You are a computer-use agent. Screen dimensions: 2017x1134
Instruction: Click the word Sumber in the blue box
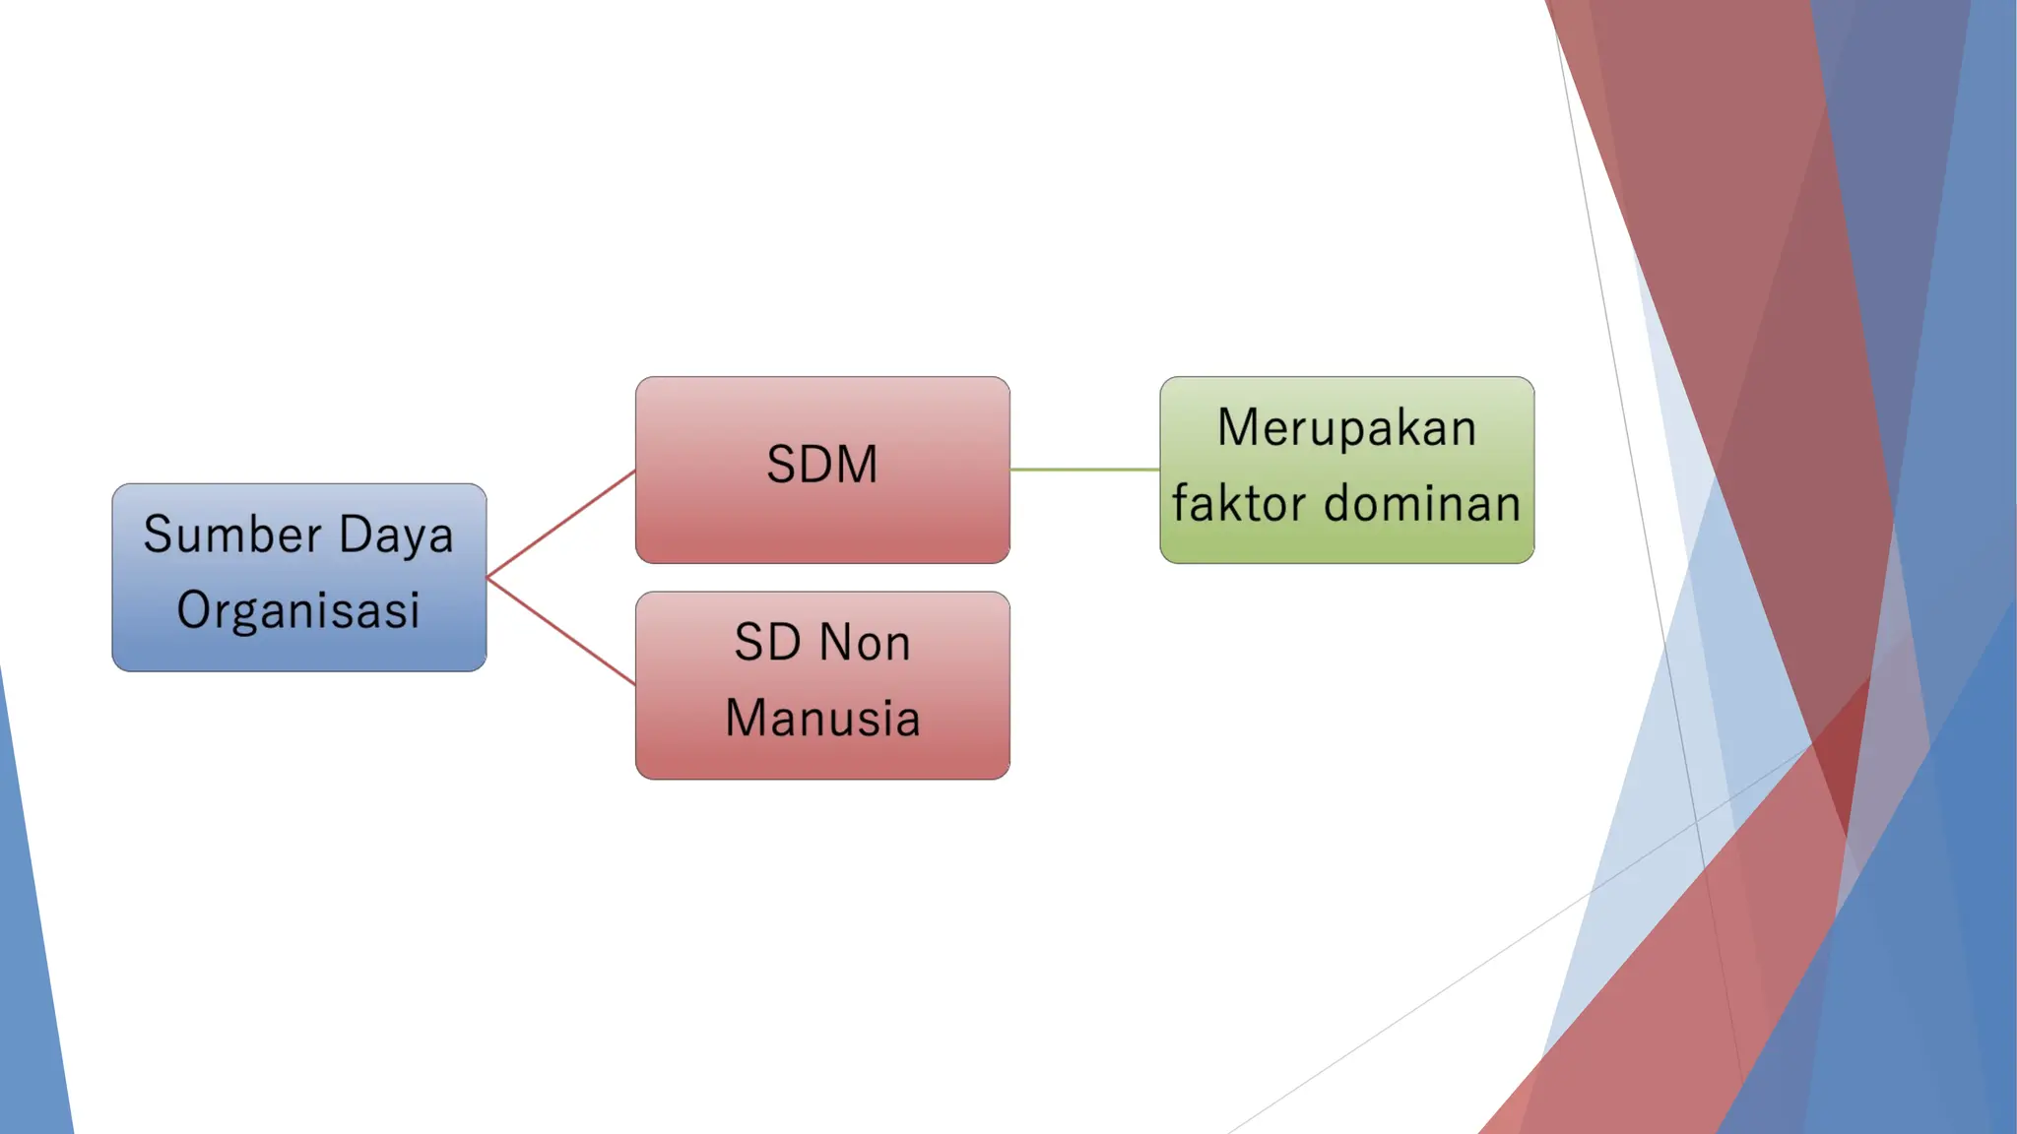click(232, 535)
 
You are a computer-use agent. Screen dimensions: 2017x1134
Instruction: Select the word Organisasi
click(298, 610)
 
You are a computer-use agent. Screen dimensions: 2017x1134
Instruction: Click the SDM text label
click(822, 465)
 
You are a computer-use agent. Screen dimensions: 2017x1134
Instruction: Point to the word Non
click(865, 643)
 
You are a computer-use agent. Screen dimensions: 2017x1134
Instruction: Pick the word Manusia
click(822, 718)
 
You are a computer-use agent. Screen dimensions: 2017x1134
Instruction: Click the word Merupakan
click(1346, 428)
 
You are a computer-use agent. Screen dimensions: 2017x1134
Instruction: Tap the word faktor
click(1239, 504)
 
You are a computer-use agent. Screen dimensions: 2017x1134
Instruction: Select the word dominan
click(1422, 504)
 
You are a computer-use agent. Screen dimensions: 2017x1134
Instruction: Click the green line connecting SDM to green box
click(1084, 470)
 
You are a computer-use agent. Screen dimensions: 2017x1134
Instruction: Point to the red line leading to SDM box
click(561, 524)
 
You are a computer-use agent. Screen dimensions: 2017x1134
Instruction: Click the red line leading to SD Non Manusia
click(561, 631)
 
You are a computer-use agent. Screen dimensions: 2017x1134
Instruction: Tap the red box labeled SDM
click(822, 532)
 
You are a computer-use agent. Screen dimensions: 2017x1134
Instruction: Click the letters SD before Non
click(767, 643)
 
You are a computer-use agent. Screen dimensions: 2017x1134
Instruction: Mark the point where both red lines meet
click(488, 577)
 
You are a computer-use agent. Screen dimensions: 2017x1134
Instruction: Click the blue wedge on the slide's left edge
click(30, 984)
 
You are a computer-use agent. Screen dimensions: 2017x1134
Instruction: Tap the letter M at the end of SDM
click(856, 465)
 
